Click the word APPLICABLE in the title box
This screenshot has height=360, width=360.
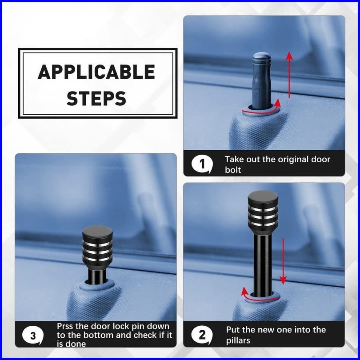pyautogui.click(x=96, y=72)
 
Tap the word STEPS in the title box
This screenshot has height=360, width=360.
pyautogui.click(x=96, y=99)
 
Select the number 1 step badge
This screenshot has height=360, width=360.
pyautogui.click(x=202, y=164)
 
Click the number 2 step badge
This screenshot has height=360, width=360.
pyautogui.click(x=202, y=335)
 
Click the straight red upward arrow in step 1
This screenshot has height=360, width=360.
pyautogui.click(x=289, y=75)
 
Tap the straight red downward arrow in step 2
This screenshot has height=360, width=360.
pyautogui.click(x=283, y=261)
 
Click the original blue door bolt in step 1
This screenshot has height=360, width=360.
pyautogui.click(x=262, y=81)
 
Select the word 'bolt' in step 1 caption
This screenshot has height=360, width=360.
pyautogui.click(x=233, y=170)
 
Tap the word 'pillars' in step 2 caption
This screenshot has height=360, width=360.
pyautogui.click(x=238, y=340)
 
